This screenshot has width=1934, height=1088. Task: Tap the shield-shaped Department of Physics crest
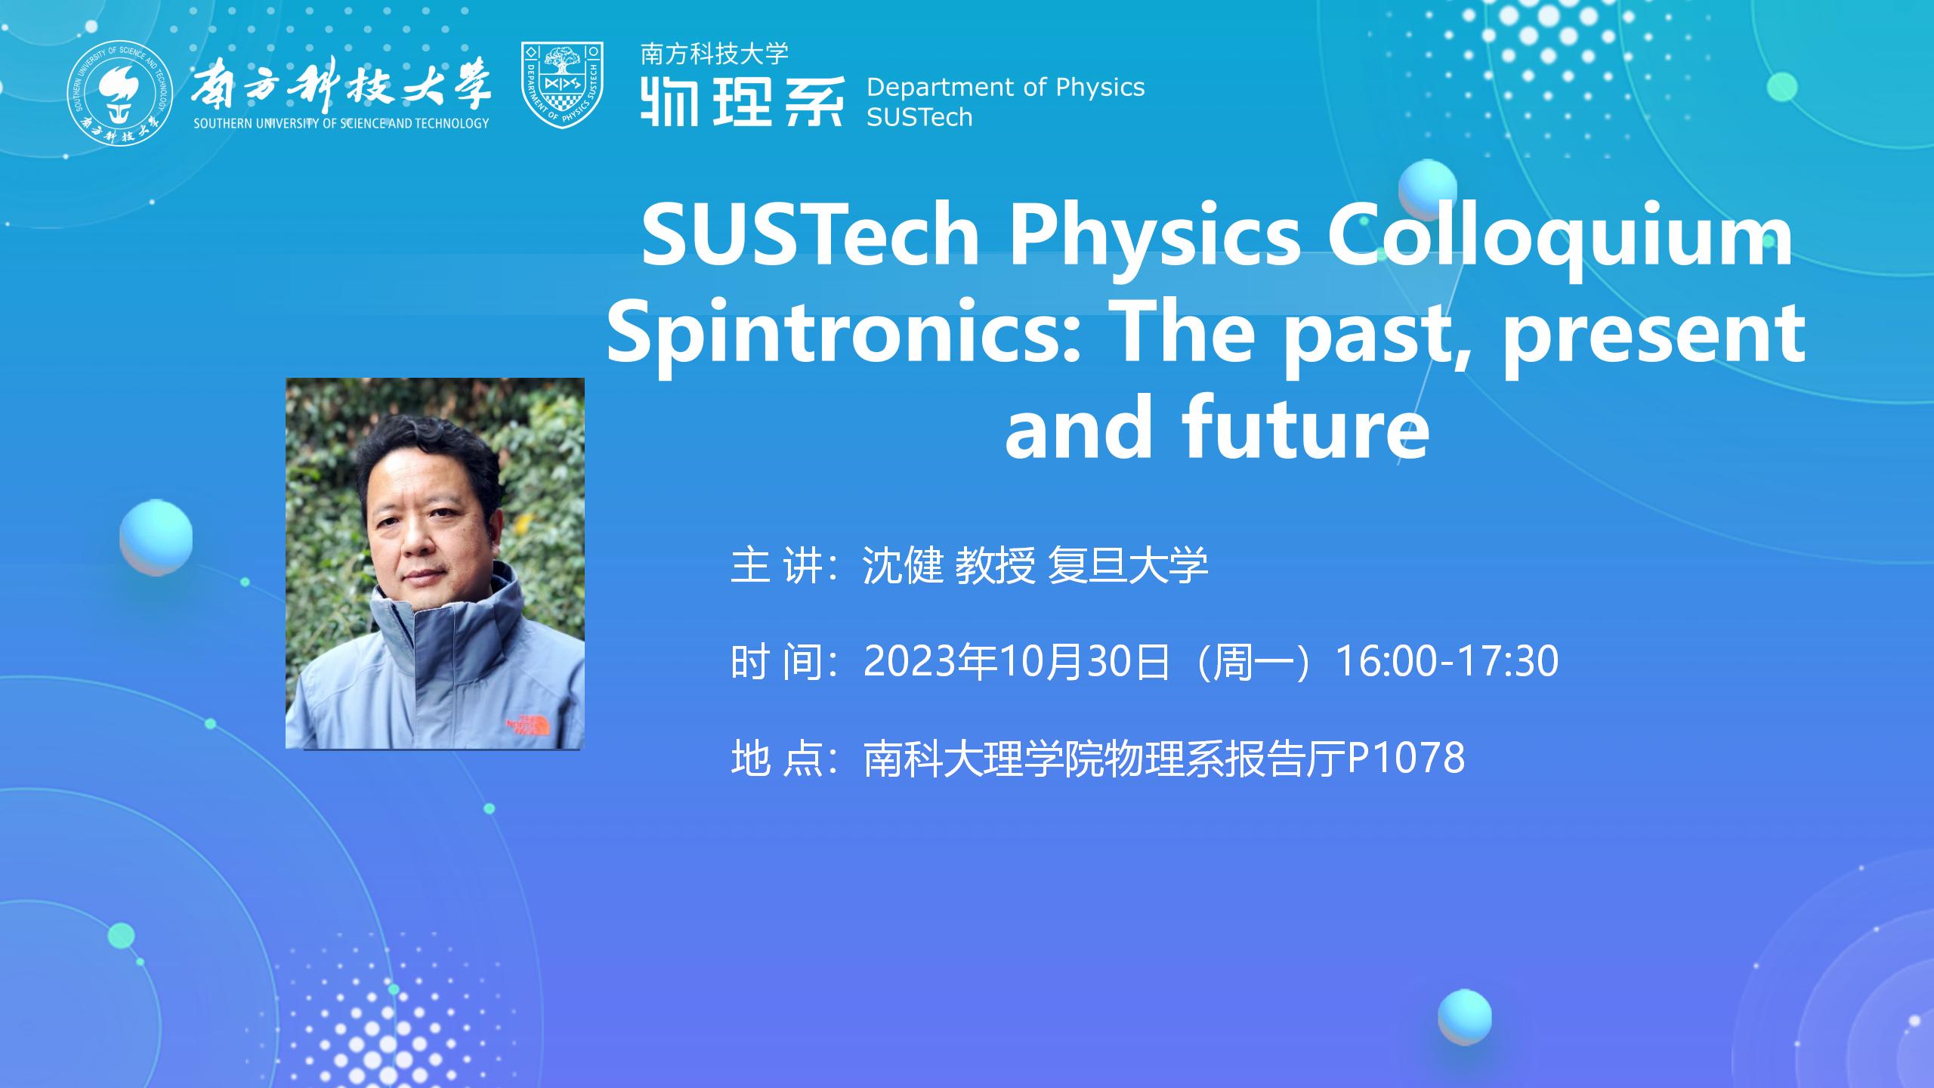point(562,85)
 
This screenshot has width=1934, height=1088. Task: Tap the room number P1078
point(1406,758)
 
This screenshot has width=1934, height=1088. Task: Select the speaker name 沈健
point(903,564)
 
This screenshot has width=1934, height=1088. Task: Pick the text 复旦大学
point(1128,564)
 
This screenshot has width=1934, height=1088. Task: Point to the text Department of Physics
point(1006,88)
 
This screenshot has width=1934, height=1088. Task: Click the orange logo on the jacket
point(530,724)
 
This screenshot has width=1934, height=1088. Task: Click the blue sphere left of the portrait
point(156,537)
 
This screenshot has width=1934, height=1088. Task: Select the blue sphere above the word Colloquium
point(1427,190)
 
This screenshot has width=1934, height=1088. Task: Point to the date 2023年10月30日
point(1017,661)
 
